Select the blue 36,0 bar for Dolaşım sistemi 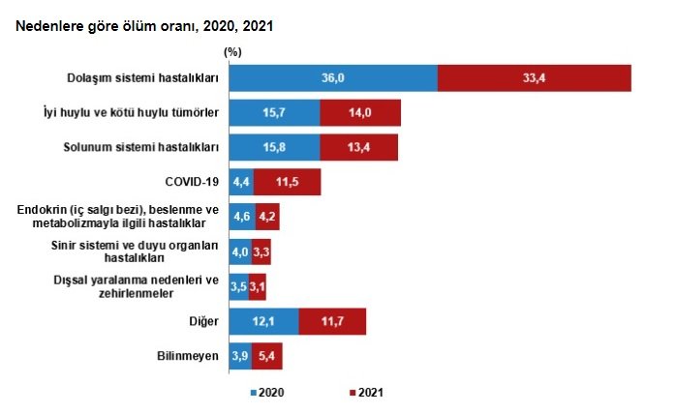(332, 78)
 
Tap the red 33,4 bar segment (534, 78)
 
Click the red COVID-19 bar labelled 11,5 (287, 183)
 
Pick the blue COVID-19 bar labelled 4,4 (240, 183)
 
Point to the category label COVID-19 (193, 181)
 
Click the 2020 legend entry (268, 392)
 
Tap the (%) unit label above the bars (232, 50)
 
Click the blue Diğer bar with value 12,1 (263, 321)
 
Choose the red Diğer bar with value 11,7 (332, 321)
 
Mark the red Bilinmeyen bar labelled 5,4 (266, 356)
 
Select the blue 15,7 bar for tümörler (274, 113)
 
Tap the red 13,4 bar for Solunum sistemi (358, 148)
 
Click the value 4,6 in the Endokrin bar (239, 218)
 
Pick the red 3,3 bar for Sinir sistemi (261, 252)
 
